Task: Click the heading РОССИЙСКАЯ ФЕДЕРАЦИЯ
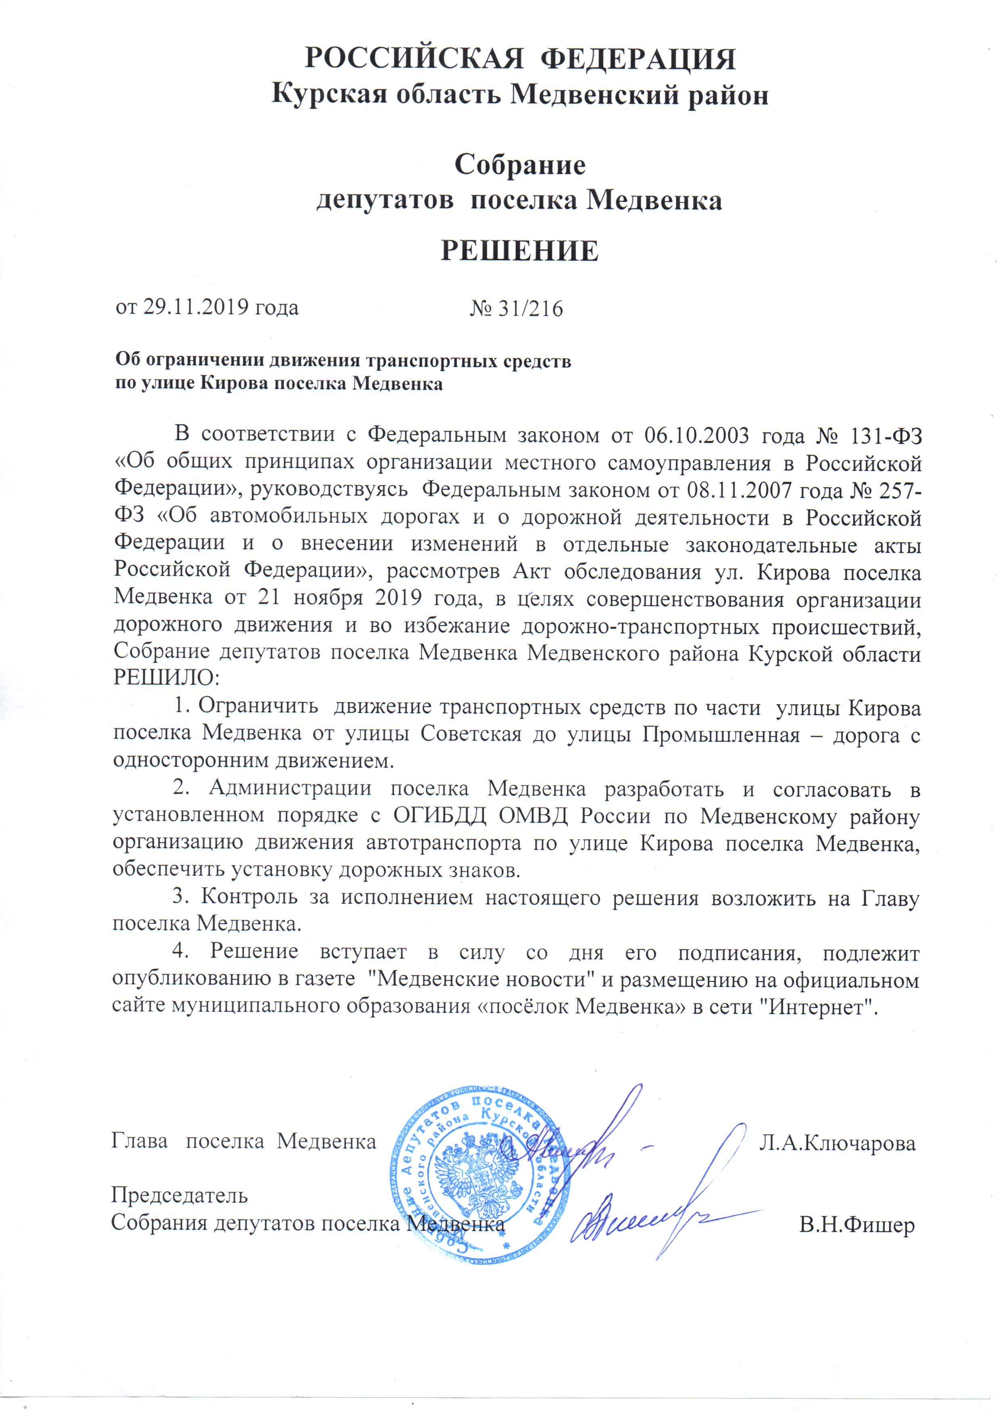coord(520,60)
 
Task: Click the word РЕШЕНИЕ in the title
coord(519,251)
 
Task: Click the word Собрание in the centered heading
coord(519,165)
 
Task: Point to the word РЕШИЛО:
coord(167,678)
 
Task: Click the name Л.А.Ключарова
coord(837,1143)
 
